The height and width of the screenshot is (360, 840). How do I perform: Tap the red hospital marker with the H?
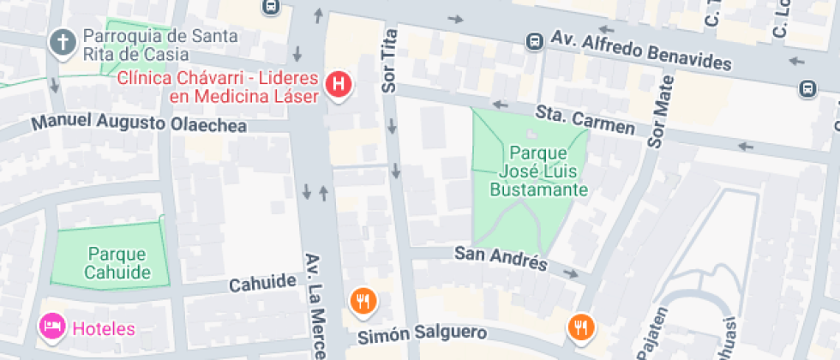(339, 84)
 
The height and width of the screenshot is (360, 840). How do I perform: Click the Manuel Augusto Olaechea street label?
(139, 123)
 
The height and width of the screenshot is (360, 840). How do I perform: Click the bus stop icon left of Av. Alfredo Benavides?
(535, 40)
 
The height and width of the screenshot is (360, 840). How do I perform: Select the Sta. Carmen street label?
(585, 120)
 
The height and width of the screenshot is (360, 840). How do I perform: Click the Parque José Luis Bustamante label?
(538, 171)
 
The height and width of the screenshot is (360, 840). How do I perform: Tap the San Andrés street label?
(500, 258)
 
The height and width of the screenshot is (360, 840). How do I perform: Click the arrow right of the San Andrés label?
(571, 273)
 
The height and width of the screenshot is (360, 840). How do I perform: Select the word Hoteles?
(104, 328)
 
